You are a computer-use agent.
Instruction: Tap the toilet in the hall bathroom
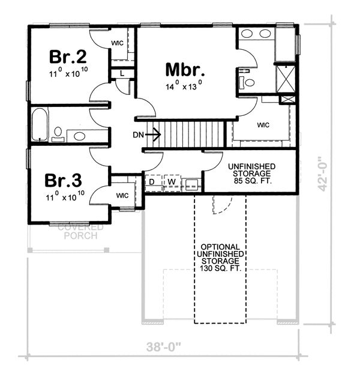(x=58, y=133)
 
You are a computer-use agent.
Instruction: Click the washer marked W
(x=171, y=181)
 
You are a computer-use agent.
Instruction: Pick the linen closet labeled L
(x=122, y=73)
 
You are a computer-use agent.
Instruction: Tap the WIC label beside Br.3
(x=123, y=195)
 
